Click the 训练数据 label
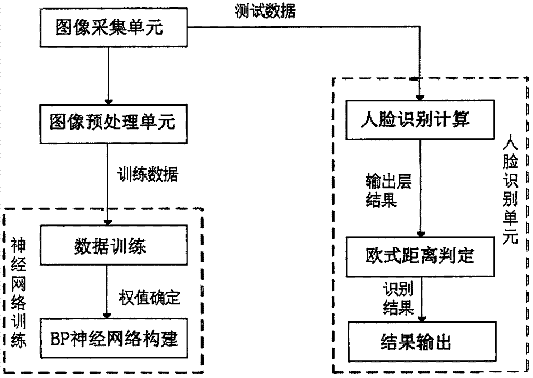pos(148,174)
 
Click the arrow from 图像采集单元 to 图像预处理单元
pos(109,75)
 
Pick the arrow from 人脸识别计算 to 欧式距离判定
pos(422,187)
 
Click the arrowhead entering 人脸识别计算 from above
pos(422,96)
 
